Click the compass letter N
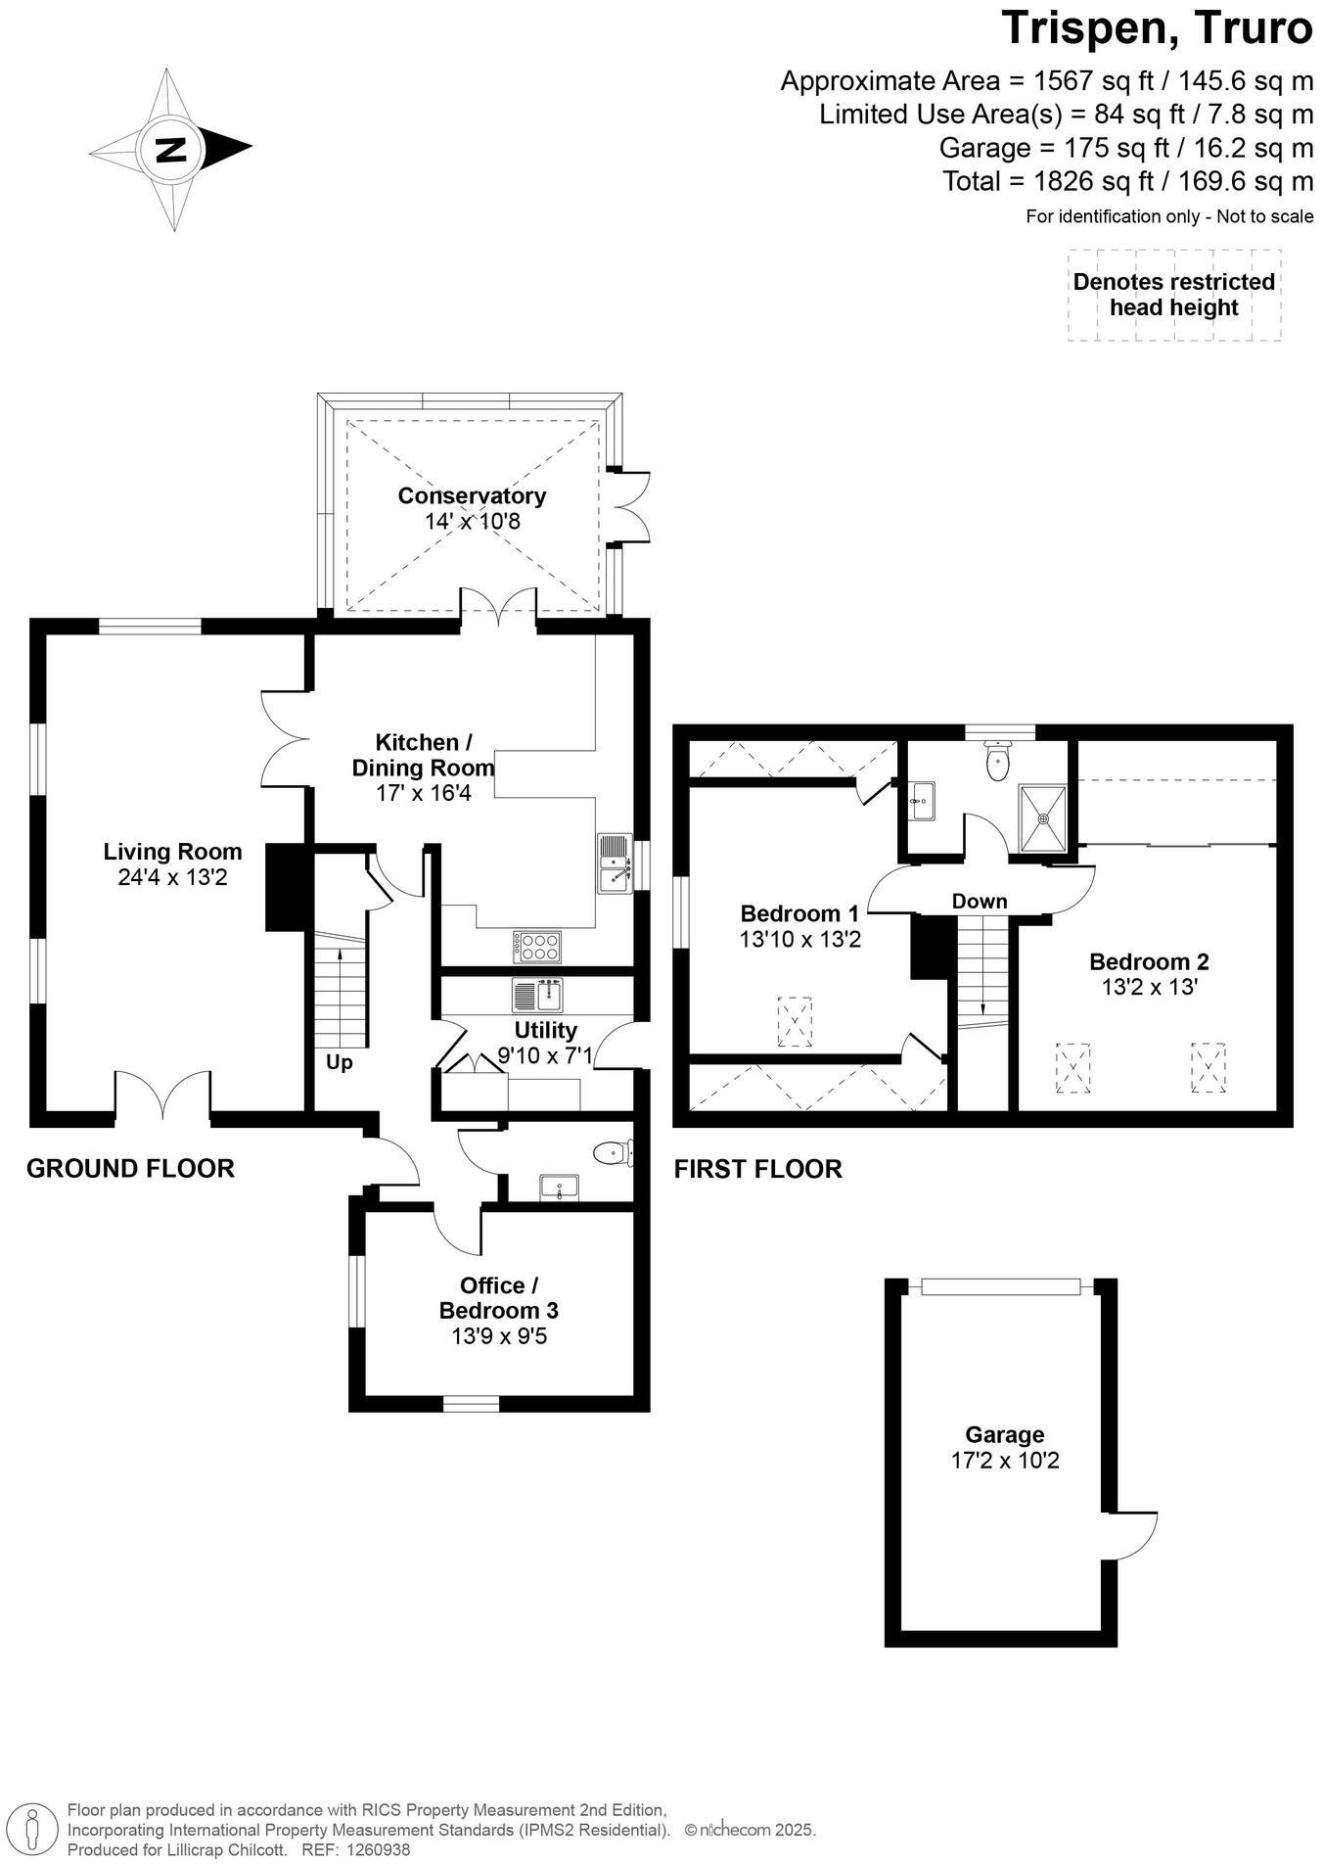[x=172, y=150]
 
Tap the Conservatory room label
[x=472, y=495]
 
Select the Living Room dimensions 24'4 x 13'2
[x=172, y=877]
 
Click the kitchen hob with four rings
[x=538, y=946]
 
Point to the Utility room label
[x=545, y=1030]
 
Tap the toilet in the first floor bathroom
[x=997, y=763]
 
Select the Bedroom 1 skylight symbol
[x=794, y=1021]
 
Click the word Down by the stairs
[x=980, y=901]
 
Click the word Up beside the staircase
[x=339, y=1062]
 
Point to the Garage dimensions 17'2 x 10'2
[x=1005, y=1461]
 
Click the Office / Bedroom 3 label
[x=498, y=1298]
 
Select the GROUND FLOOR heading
[x=130, y=1168]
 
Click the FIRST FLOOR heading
[x=757, y=1169]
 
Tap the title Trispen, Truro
[x=1156, y=28]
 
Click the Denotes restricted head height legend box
[x=1173, y=295]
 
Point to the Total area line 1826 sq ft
[x=1127, y=181]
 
